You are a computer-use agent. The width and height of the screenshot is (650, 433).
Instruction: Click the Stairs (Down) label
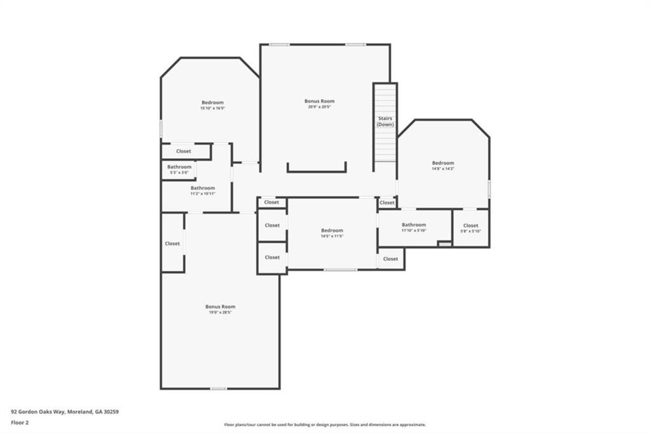[385, 121]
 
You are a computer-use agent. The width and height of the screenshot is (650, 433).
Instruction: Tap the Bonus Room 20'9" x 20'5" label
[319, 103]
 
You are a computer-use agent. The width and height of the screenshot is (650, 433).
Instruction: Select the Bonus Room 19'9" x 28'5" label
[220, 309]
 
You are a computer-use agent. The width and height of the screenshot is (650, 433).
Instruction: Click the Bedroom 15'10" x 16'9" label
[213, 105]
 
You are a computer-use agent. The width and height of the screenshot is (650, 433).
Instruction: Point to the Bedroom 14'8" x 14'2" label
[443, 165]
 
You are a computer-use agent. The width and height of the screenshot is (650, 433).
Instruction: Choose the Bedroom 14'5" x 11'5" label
[331, 233]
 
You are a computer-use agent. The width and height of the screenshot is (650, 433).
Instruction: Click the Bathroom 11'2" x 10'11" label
[202, 190]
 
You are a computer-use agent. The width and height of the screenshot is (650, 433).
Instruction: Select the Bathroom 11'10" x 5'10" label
[413, 227]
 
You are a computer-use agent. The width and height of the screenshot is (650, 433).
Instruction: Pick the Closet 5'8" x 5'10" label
[470, 228]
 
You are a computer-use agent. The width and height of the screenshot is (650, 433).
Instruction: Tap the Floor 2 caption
[21, 422]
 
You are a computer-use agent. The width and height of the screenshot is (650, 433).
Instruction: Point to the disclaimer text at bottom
[324, 425]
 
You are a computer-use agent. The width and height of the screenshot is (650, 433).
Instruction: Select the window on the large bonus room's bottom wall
[218, 388]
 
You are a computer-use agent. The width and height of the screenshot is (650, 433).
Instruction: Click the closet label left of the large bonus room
[172, 243]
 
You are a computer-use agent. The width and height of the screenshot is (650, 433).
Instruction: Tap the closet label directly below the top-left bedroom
[183, 151]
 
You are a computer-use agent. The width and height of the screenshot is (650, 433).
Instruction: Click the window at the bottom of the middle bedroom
[340, 270]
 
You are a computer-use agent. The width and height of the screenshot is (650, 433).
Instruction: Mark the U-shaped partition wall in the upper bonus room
[316, 170]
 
